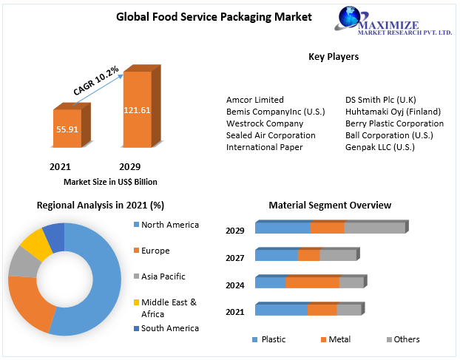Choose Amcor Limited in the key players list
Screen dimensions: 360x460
click(255, 100)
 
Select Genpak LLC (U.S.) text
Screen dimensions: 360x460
click(380, 147)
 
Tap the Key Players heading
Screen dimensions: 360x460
click(334, 56)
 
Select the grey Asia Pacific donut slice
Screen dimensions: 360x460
click(23, 262)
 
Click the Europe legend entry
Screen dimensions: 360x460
click(155, 251)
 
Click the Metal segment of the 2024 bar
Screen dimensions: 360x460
click(312, 282)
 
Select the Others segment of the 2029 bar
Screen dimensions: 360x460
click(374, 228)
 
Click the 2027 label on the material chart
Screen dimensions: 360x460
click(235, 259)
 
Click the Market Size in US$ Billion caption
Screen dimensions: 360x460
click(110, 182)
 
